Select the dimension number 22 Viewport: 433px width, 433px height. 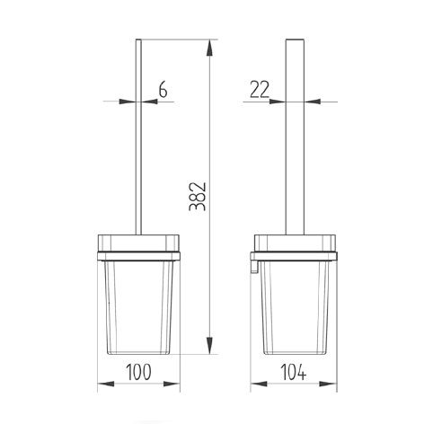point(261,89)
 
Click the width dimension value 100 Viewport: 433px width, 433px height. point(139,370)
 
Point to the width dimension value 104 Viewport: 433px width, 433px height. point(297,370)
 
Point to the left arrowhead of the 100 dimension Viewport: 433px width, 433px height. point(102,384)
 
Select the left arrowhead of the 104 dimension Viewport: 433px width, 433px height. point(256,384)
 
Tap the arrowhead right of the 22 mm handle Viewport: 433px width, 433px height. point(314,102)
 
